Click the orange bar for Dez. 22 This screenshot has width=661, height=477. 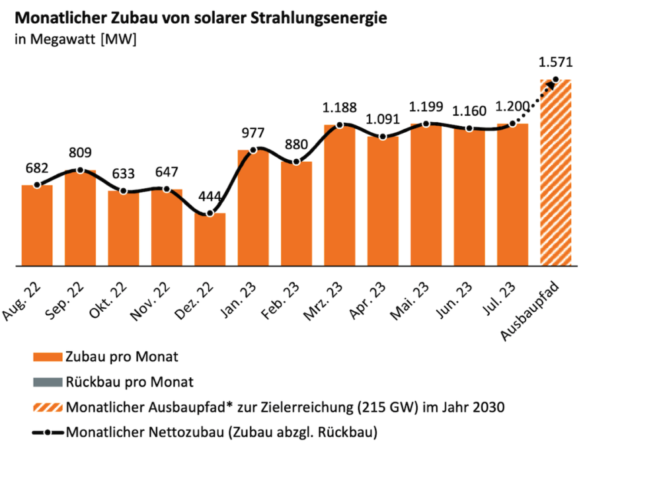pos(210,240)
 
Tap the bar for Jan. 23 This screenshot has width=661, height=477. pos(253,208)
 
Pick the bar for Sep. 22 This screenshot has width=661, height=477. pos(80,218)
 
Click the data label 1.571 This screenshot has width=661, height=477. pos(555,63)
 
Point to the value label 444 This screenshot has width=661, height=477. pos(210,197)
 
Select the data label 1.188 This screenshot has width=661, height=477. pos(340,108)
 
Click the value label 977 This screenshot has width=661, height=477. pos(253,133)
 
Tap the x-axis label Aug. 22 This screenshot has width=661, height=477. pos(21,295)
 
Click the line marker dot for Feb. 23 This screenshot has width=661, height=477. pos(297,163)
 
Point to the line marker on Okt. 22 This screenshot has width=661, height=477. pos(124,192)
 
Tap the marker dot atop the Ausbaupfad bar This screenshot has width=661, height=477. pos(555,80)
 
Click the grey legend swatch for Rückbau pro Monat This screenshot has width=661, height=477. pos(48,382)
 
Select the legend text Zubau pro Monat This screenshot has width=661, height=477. pos(122,357)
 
